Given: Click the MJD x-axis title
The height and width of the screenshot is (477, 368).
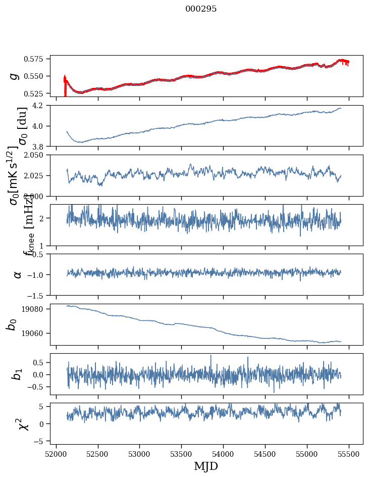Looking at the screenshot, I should click(206, 466).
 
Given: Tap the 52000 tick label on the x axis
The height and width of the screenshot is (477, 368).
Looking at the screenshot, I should click(56, 453).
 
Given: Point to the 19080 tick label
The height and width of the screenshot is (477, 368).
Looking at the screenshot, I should click(38, 309).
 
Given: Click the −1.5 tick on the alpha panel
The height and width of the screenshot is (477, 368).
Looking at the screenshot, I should click(39, 295).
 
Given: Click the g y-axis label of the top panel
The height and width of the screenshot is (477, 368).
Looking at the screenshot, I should click(15, 76).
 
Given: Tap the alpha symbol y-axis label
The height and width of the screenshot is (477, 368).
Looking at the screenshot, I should click(18, 274).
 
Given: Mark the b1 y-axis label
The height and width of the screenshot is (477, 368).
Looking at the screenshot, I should click(18, 374).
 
